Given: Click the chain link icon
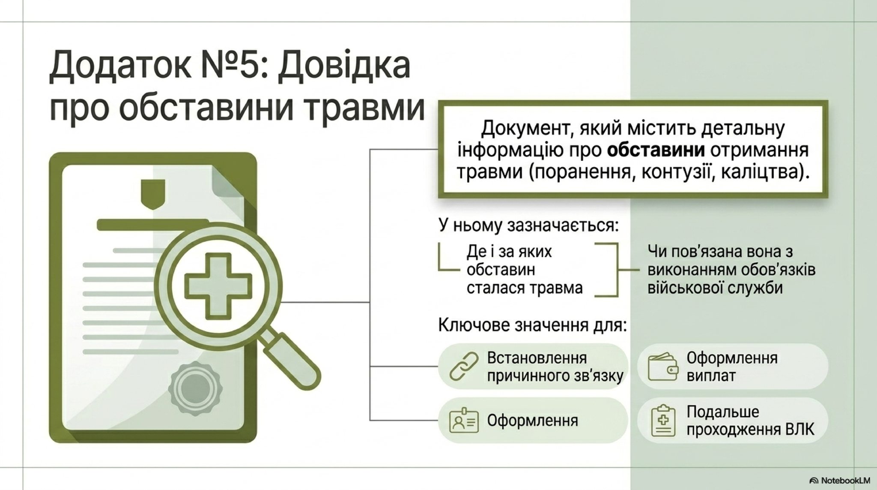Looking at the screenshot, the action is click(464, 366).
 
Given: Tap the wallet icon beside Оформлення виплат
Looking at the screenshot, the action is click(663, 367).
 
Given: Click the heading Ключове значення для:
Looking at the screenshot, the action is click(532, 325).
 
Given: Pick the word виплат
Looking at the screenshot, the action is click(711, 376).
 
